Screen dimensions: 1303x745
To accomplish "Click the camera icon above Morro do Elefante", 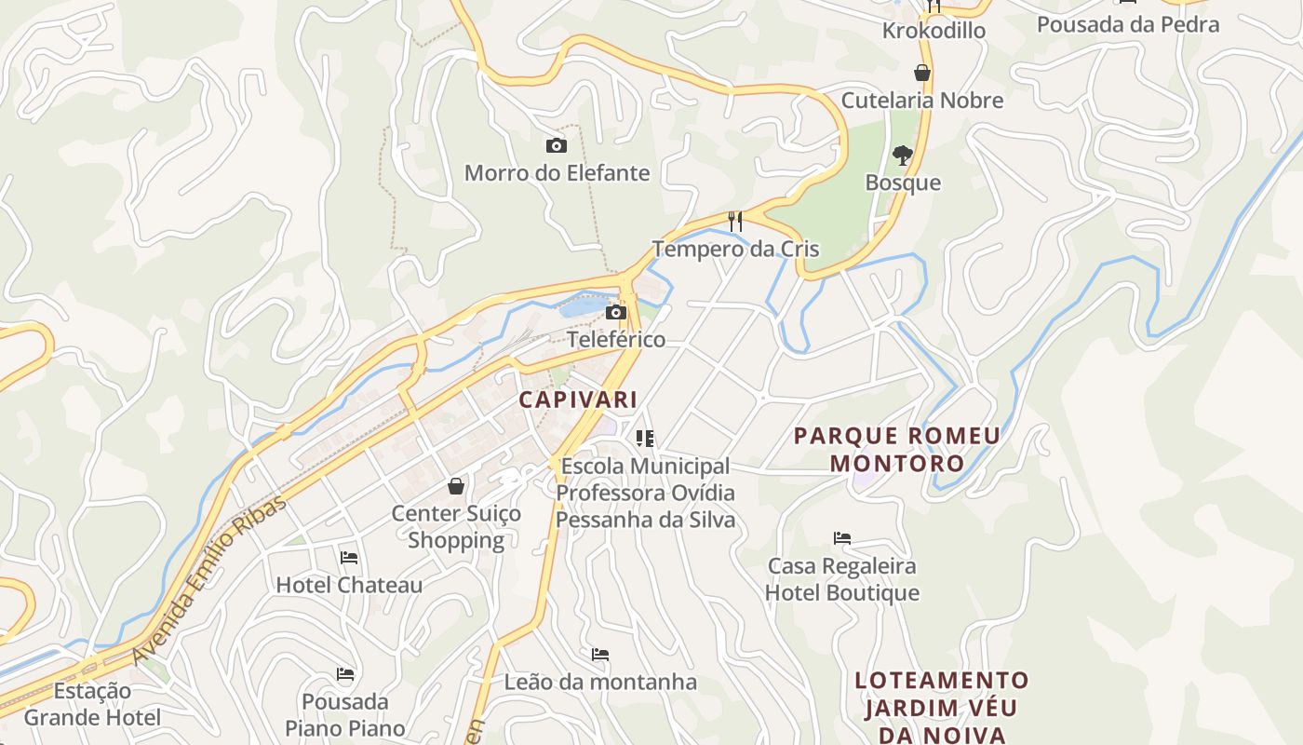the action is [556, 145].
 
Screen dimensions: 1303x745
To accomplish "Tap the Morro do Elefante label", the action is [557, 173].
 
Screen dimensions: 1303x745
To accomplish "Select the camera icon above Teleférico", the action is [615, 312].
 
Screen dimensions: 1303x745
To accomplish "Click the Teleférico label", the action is [616, 339].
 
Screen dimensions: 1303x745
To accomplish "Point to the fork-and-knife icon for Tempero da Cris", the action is [735, 221].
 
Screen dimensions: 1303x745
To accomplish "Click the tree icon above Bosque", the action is [902, 155].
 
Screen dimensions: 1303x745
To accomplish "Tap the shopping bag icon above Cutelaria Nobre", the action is [922, 73].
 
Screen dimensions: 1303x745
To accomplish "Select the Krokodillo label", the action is [934, 31].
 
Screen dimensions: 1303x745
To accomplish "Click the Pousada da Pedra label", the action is [1128, 24].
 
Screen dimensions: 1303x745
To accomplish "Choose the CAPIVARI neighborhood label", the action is [578, 400].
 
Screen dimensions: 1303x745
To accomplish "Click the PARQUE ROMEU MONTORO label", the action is [897, 449].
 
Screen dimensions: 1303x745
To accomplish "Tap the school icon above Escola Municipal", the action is [645, 438].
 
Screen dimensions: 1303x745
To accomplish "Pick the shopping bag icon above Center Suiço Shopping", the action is [456, 486].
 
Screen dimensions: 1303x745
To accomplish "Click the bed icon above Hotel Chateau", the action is [349, 558].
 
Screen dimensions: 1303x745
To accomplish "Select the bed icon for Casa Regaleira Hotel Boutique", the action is [842, 538].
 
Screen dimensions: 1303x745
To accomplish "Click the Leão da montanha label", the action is [600, 682].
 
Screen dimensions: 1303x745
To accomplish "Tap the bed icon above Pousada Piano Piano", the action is [345, 674].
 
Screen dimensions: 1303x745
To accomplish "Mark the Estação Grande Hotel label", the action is [92, 704].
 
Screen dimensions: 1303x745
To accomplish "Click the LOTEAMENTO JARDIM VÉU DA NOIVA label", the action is [942, 707].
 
